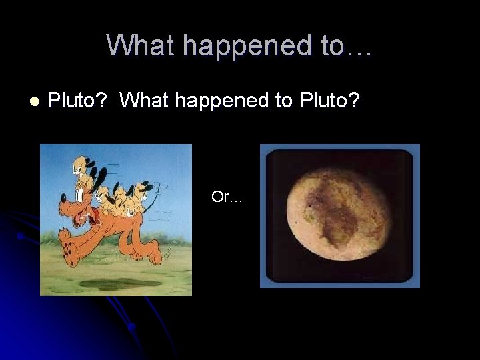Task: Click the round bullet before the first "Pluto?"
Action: pyautogui.click(x=34, y=101)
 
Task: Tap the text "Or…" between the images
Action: pyautogui.click(x=227, y=197)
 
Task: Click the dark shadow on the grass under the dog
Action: pyautogui.click(x=113, y=284)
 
